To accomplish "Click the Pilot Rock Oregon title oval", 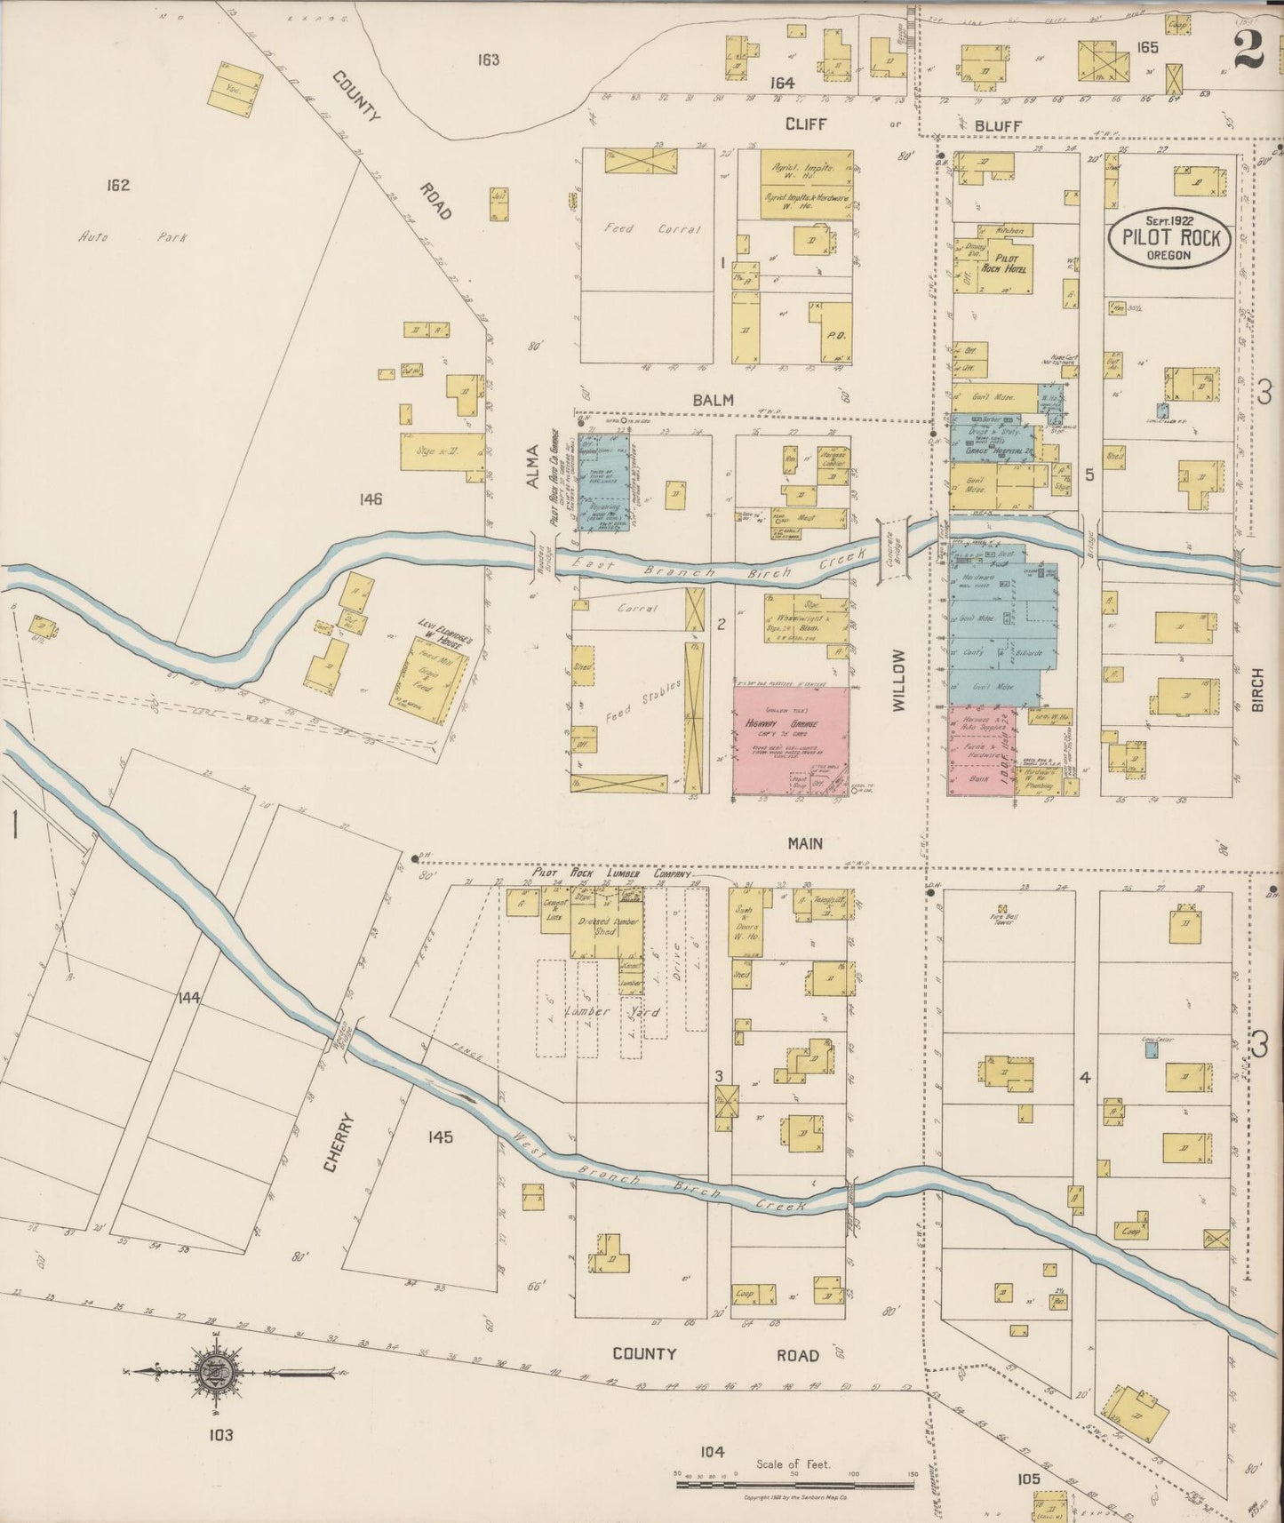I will pos(1168,238).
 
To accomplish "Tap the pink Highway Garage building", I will pos(790,739).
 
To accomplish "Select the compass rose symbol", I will pos(213,1372).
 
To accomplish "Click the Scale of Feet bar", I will pos(795,1485).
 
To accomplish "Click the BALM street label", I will pos(714,400).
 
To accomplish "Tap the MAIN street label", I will pos(804,842).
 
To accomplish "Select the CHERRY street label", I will pos(345,1144).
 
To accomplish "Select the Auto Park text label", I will pos(105,237).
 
